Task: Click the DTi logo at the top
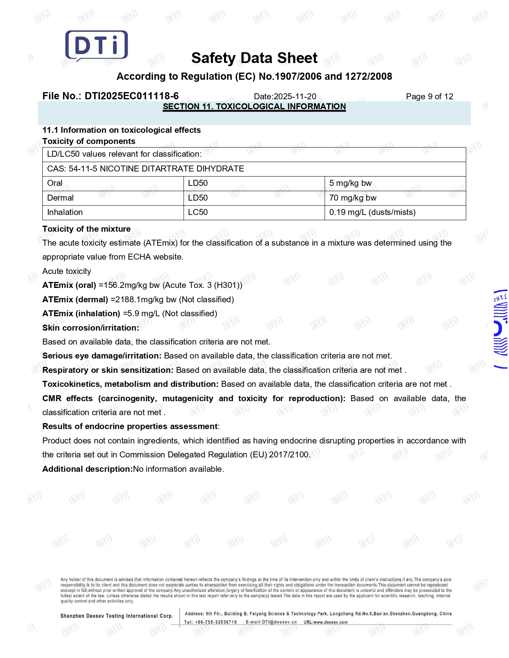(96, 46)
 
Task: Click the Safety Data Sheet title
(254, 58)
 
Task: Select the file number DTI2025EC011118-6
(132, 96)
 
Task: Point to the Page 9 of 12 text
(429, 97)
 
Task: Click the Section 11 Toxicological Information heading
(254, 106)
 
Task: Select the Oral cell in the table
(55, 183)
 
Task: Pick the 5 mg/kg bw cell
(350, 183)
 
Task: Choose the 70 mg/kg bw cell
(353, 198)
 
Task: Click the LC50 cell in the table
(198, 212)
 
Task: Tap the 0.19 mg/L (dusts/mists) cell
(372, 212)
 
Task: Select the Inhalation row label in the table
(65, 212)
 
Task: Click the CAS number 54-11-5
(83, 169)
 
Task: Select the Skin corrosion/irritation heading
(91, 328)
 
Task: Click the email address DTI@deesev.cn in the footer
(279, 622)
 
